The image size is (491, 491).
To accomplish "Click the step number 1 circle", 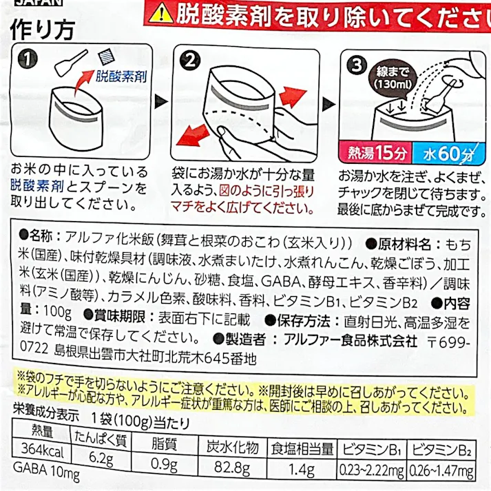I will (25, 60).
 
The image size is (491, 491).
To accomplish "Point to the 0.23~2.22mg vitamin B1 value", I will (371, 472).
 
